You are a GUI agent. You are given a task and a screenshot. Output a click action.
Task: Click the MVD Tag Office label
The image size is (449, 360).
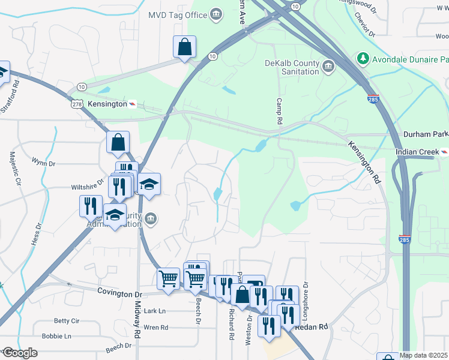pyautogui.click(x=177, y=14)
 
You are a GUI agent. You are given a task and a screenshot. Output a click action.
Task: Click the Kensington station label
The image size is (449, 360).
pyautogui.click(x=108, y=104)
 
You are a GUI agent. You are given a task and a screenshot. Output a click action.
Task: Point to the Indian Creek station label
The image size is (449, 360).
pyautogui.click(x=418, y=152)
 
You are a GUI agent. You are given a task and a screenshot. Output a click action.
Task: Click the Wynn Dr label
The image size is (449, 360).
pyautogui.click(x=44, y=163)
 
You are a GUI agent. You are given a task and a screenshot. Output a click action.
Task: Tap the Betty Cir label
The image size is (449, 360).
pyautogui.click(x=67, y=320)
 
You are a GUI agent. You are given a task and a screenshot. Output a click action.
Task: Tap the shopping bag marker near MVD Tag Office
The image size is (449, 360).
pyautogui.click(x=185, y=47)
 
